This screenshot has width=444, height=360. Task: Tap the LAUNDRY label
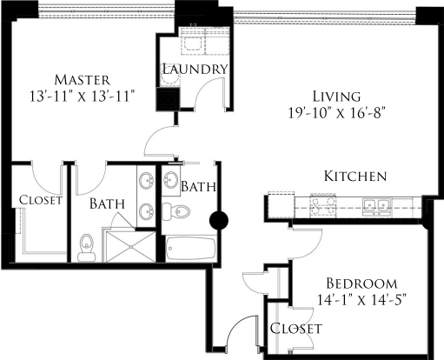point(195,69)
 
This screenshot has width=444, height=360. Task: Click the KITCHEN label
point(355,177)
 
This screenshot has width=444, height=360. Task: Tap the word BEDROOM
point(361,283)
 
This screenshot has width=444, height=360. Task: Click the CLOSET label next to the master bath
point(40,200)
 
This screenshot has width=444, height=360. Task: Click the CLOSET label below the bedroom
point(296,329)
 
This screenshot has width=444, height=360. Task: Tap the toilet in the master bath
point(86,247)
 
